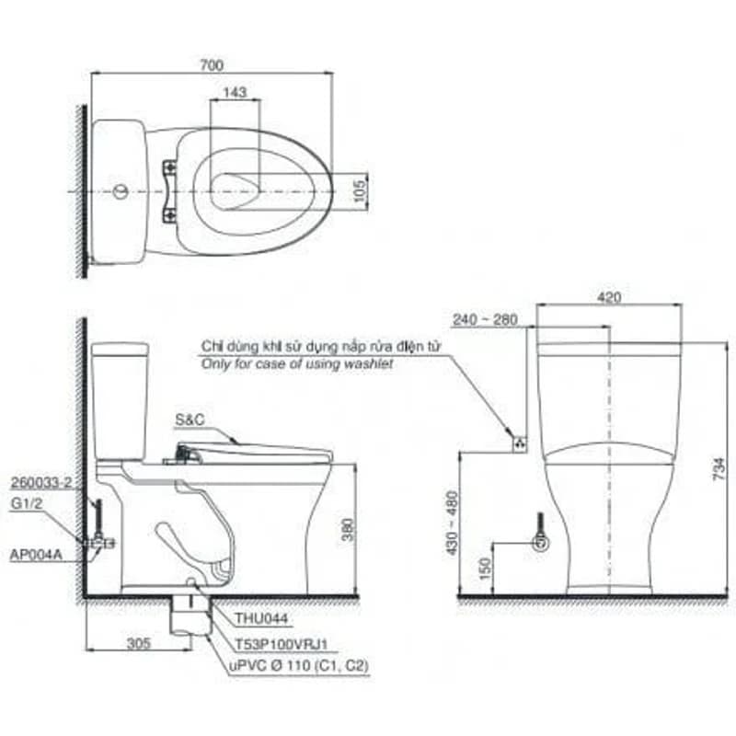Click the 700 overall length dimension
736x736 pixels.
tap(212, 64)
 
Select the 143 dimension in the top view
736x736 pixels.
tap(235, 92)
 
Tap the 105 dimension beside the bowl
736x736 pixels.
tap(359, 191)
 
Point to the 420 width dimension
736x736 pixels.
tap(609, 297)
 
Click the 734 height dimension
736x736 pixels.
tap(719, 468)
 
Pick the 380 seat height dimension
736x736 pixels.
tap(348, 530)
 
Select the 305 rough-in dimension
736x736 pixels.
tap(139, 642)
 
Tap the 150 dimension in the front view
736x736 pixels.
tap(486, 569)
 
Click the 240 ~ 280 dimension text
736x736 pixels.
tap(485, 319)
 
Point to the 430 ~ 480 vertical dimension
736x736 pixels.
tap(452, 523)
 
